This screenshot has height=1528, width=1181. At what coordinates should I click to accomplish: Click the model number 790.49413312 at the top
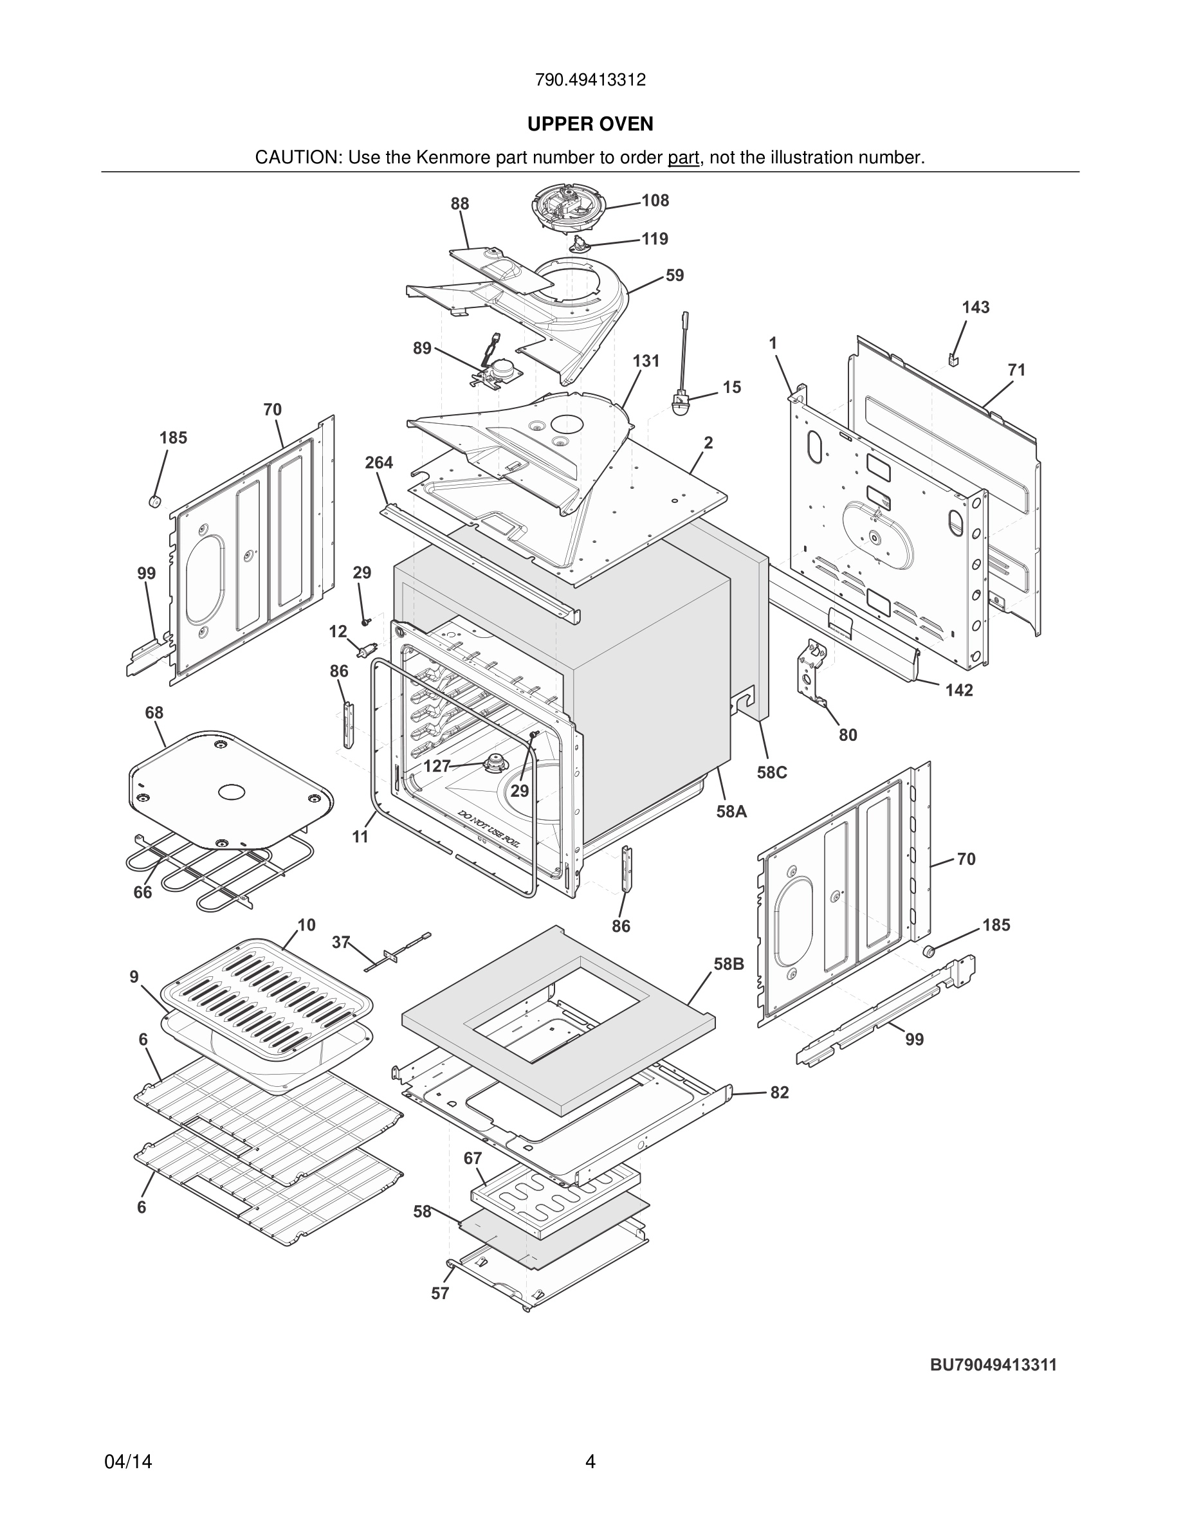point(590,80)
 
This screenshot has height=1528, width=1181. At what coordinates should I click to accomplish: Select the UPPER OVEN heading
point(590,124)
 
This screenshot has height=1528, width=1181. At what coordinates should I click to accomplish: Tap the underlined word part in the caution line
point(684,158)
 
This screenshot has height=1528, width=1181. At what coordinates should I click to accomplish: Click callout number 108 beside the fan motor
point(655,201)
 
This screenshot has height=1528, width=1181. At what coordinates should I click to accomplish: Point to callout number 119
point(655,239)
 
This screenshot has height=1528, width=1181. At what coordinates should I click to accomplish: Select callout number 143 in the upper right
point(975,307)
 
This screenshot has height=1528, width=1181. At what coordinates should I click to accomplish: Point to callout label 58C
point(772,772)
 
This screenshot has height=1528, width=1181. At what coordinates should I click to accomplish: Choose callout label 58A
point(731,812)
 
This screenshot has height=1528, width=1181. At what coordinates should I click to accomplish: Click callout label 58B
point(728,964)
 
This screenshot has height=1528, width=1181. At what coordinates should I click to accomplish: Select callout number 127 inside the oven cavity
point(437,766)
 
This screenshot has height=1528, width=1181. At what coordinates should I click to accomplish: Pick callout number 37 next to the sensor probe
point(341,942)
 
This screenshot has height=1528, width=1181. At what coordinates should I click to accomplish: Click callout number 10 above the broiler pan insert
point(306,925)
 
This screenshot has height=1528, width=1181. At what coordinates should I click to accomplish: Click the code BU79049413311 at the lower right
point(993,1365)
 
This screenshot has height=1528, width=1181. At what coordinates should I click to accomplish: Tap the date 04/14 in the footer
point(128,1462)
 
